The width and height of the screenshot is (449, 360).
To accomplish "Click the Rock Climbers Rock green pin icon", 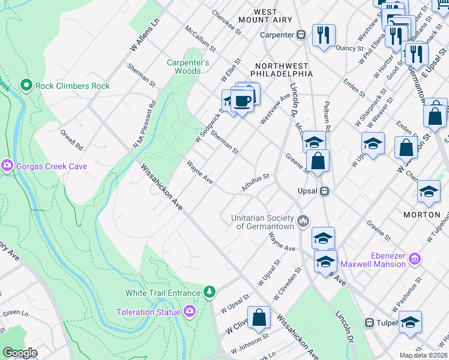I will coord(26,86).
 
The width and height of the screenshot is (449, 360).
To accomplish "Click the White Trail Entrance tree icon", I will coord(209,292).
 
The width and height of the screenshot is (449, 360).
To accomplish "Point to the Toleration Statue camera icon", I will coord(190,311).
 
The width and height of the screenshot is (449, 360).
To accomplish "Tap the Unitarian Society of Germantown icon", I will coord(303,221).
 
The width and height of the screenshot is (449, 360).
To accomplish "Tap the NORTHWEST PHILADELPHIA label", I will coord(284,69).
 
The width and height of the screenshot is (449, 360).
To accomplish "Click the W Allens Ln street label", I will coord(145,29).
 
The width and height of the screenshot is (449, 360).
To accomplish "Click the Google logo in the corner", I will coord(20,353).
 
